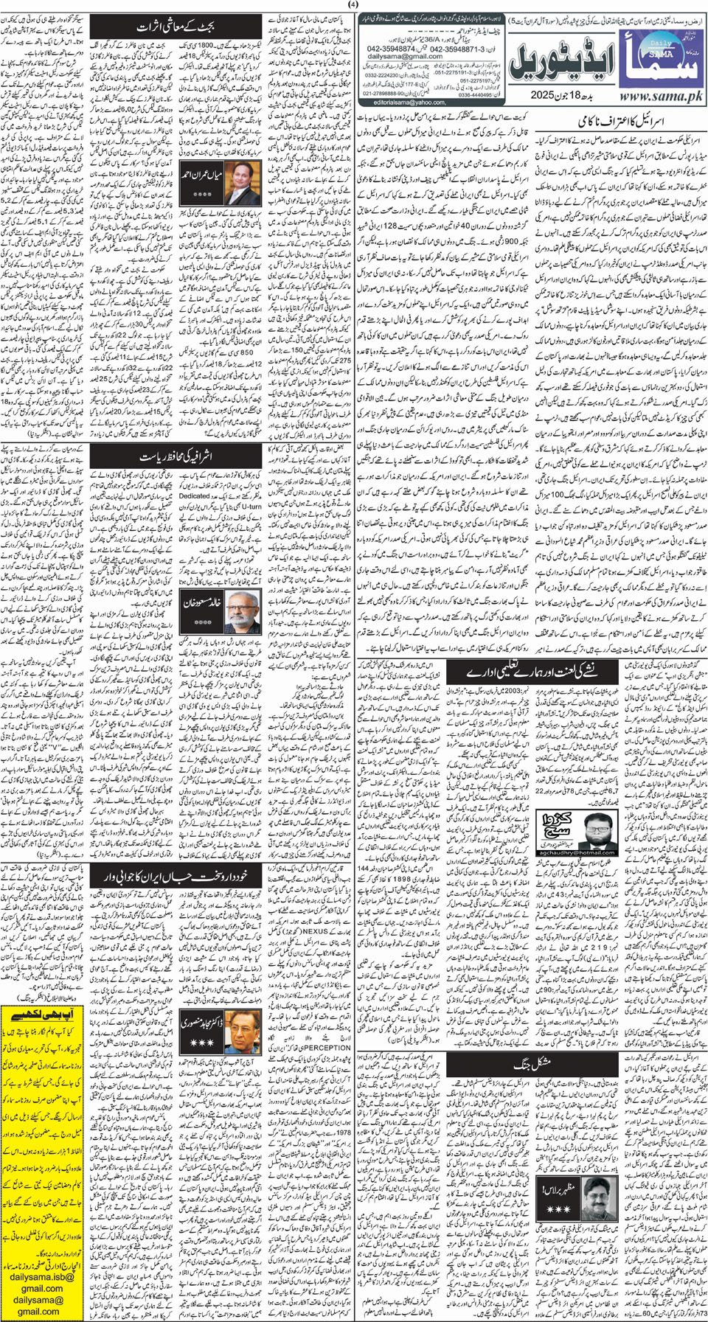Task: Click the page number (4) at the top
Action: tap(353, 5)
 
